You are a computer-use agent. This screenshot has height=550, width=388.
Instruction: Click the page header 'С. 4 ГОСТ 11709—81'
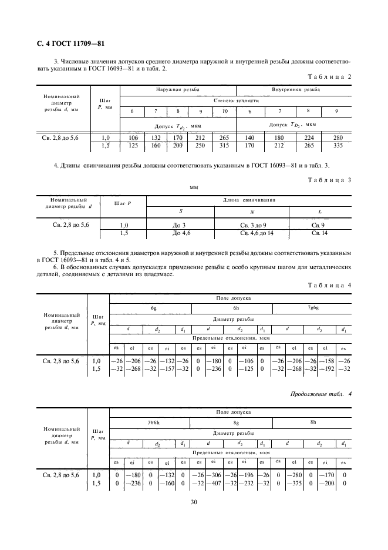(x=67, y=43)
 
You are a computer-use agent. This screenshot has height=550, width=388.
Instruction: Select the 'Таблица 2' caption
(x=329, y=77)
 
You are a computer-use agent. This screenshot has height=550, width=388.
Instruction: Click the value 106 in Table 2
(x=131, y=137)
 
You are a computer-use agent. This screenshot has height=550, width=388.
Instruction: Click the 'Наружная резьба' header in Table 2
(x=177, y=90)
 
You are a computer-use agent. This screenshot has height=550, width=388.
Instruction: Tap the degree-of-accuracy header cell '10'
(x=224, y=112)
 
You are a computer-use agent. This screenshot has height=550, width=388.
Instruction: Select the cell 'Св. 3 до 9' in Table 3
(x=253, y=226)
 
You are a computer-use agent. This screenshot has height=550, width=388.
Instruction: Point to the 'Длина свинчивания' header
(x=249, y=200)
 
